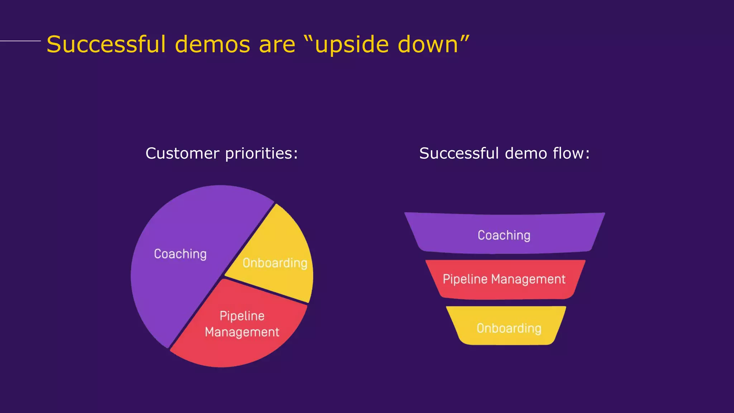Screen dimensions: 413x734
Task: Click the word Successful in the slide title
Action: pos(106,44)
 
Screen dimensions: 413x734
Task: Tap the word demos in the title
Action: pos(212,44)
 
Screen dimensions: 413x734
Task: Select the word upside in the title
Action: pos(351,45)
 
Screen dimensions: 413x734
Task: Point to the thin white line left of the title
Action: pos(20,41)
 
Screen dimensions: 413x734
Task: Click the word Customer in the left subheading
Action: pos(182,153)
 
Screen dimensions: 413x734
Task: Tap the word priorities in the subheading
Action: pos(261,153)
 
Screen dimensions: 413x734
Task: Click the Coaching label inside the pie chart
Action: pos(180,254)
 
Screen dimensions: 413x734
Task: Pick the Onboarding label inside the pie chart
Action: pos(275,263)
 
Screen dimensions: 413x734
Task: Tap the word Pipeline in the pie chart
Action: pos(242,316)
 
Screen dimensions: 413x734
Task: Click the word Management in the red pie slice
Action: pos(242,332)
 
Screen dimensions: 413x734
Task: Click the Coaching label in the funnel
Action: pos(504,235)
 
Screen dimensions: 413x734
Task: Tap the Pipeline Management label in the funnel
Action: pos(504,279)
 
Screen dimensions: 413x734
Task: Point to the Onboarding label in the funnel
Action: pos(509,328)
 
